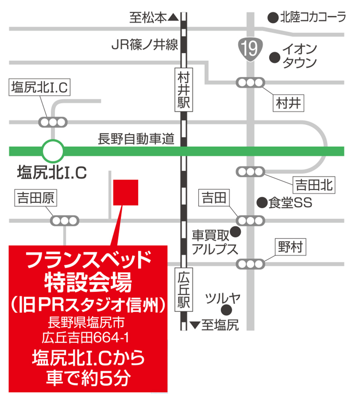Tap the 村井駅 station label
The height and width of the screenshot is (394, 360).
coord(184,89)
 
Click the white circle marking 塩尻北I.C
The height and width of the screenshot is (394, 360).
coord(53,151)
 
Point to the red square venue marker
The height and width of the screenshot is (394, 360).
coord(126,192)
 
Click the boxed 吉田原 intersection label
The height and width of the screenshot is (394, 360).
coord(36,198)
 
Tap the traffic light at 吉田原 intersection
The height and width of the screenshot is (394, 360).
coord(65,221)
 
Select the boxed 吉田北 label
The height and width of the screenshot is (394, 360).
coord(314,185)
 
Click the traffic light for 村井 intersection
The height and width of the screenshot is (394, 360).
coord(250,82)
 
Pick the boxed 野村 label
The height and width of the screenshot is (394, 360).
coord(290,247)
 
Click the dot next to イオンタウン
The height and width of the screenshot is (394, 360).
coord(274,57)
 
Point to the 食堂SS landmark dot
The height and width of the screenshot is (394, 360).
coord(262,202)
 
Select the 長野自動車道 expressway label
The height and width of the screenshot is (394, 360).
coord(136,139)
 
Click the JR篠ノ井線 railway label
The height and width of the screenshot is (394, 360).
coord(145,45)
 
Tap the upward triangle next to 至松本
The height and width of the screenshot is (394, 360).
coord(173,17)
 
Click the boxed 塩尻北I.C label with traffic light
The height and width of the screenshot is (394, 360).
coord(39,88)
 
